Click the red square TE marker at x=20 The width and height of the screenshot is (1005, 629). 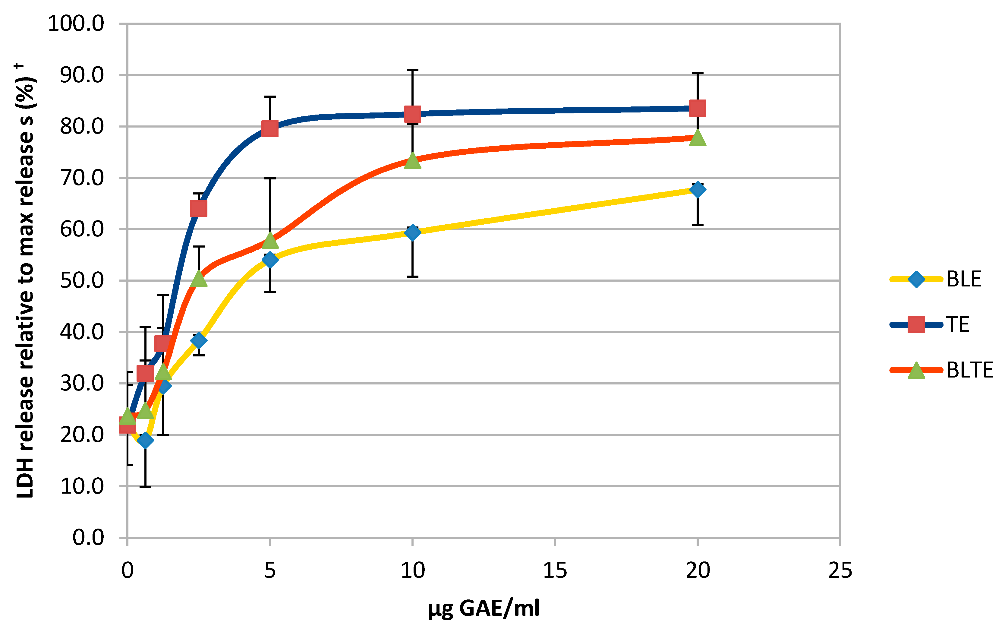(x=697, y=108)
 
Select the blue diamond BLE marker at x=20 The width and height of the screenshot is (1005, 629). (x=697, y=190)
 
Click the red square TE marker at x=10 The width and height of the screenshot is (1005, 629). (x=412, y=114)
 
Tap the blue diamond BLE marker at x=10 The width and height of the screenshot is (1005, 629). (x=412, y=232)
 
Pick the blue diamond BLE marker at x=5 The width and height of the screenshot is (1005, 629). (x=270, y=260)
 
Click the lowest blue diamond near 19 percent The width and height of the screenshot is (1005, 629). (x=145, y=440)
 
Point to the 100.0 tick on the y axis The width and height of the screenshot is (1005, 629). (x=76, y=24)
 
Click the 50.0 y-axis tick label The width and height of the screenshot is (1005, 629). (x=82, y=281)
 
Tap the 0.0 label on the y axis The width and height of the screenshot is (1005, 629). (x=88, y=538)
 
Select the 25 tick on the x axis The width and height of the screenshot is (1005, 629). (x=840, y=570)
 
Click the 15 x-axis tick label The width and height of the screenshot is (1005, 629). (x=555, y=570)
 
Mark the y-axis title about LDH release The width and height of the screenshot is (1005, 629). (x=26, y=281)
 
